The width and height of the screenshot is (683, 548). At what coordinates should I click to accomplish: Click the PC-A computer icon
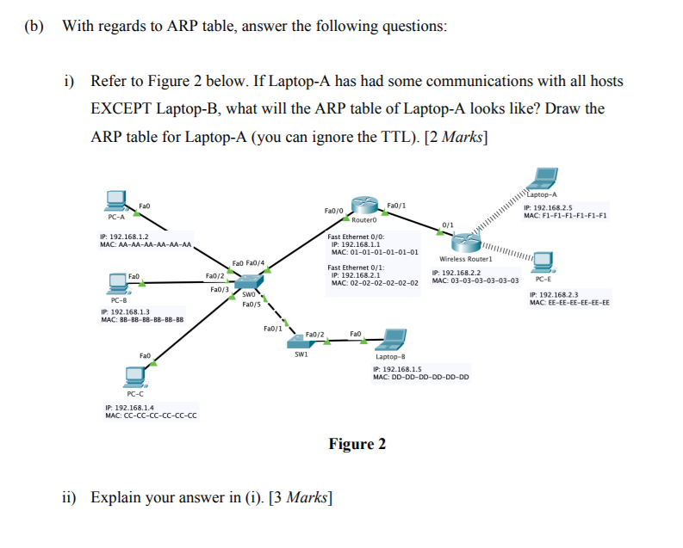click(x=115, y=200)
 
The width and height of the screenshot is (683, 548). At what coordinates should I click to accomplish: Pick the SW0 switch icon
click(x=251, y=282)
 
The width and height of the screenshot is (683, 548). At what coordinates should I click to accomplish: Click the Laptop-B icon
click(x=394, y=338)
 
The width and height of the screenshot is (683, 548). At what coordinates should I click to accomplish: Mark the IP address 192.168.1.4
click(x=128, y=407)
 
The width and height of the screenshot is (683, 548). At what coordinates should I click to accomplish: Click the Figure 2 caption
click(x=357, y=444)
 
